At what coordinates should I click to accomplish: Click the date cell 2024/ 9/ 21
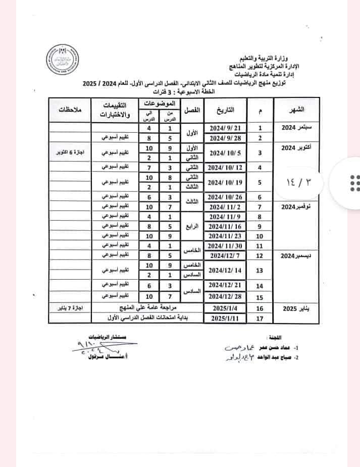click(x=224, y=128)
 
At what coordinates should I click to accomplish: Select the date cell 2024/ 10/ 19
click(x=224, y=182)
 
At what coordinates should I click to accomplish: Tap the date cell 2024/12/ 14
click(x=224, y=270)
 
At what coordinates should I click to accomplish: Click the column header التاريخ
click(x=224, y=110)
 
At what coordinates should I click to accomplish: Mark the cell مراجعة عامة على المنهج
click(x=146, y=307)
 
